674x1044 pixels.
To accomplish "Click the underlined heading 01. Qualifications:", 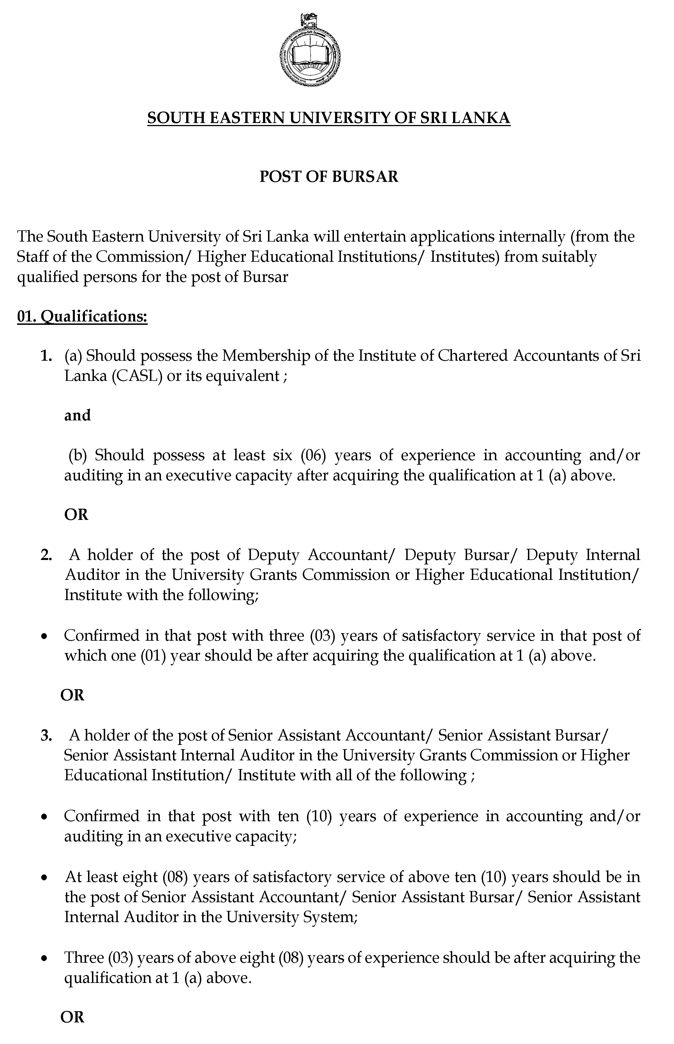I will click(x=82, y=316).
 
